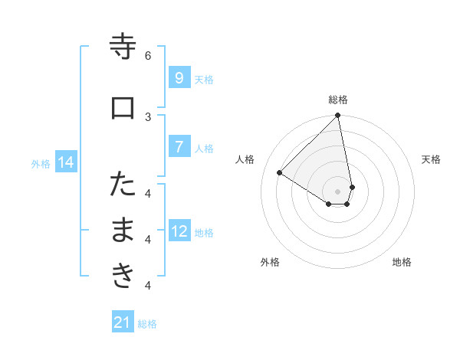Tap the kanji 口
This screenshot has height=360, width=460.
123,108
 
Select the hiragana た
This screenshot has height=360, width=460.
123,185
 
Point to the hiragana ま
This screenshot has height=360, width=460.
123,231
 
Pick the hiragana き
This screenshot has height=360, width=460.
123,276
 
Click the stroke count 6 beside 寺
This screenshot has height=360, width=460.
148,55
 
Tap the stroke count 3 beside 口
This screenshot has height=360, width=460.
148,116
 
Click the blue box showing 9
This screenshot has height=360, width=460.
179,77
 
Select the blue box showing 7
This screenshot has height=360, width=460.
179,146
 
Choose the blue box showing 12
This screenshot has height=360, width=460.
179,231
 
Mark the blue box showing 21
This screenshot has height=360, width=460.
123,322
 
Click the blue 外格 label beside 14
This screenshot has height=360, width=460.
41,163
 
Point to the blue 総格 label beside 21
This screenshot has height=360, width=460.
148,324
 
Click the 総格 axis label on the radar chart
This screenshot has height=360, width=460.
338,100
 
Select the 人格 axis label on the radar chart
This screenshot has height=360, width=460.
245,159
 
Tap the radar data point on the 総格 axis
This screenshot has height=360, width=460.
338,116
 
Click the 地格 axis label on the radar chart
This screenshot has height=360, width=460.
402,262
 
